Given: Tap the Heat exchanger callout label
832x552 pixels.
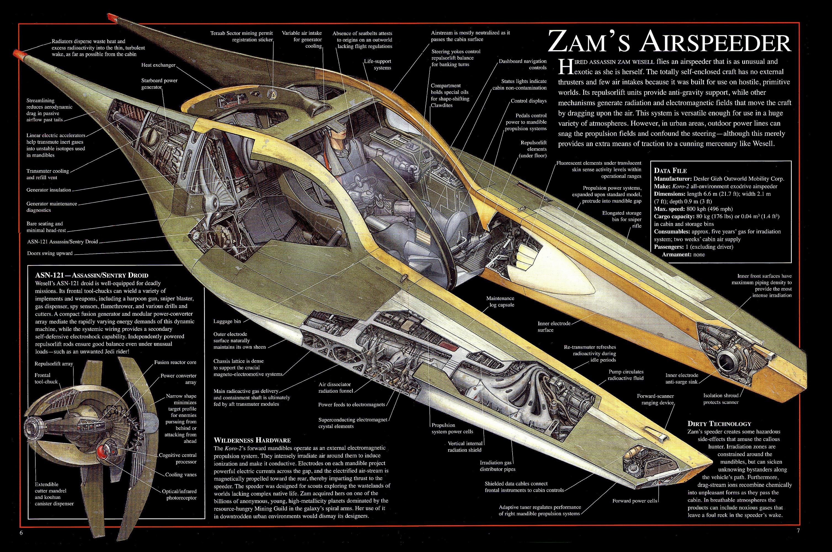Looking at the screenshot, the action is [x=158, y=65].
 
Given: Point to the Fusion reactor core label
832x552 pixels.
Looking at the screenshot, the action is [x=175, y=362].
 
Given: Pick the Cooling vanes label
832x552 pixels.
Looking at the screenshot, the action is [x=181, y=474].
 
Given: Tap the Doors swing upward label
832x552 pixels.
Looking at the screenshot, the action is [x=50, y=253].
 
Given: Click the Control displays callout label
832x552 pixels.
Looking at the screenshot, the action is [x=529, y=101].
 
